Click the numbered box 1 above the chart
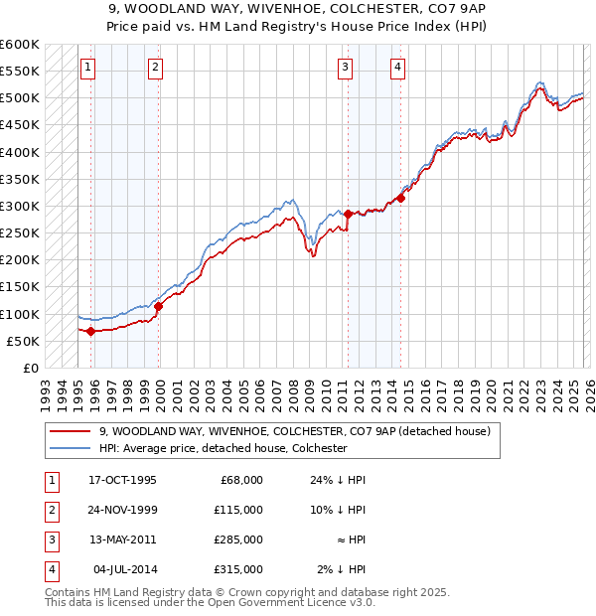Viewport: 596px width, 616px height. (88, 68)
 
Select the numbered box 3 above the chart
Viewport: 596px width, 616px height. (345, 68)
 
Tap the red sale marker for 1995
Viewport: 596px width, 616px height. (90, 331)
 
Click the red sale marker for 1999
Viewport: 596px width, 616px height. (159, 306)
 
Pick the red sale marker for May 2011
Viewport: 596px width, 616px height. (349, 214)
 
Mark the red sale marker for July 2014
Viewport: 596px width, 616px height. (400, 198)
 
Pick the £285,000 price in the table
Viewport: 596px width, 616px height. (238, 539)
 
